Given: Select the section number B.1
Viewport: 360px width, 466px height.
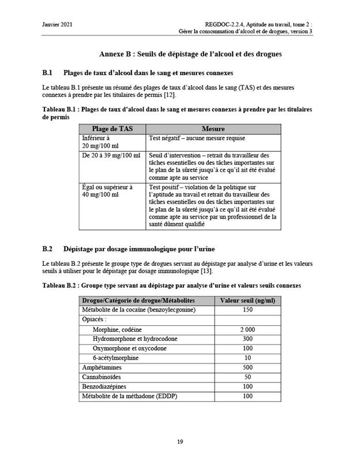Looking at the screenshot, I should click(x=48, y=73).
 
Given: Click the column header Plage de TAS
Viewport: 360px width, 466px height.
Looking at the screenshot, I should click(x=112, y=129).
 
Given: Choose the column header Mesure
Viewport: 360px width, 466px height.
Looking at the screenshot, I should click(x=213, y=129).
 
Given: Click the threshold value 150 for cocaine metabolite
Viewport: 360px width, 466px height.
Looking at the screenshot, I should click(x=247, y=310).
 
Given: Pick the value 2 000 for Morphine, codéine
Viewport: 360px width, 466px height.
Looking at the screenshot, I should click(x=247, y=329).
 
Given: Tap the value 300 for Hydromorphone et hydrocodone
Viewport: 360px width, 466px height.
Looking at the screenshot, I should click(x=247, y=339).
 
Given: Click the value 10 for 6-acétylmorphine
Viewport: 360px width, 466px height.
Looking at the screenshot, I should click(x=247, y=358).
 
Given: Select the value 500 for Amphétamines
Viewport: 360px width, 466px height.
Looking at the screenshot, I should click(x=247, y=367).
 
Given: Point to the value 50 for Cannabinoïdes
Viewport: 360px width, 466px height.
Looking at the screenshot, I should click(x=247, y=377).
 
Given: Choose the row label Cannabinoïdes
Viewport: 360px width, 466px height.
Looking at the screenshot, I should click(x=104, y=377).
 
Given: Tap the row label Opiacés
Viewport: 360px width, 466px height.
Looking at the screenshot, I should click(x=95, y=319).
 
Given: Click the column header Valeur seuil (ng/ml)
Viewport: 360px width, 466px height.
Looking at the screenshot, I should click(x=247, y=300).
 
